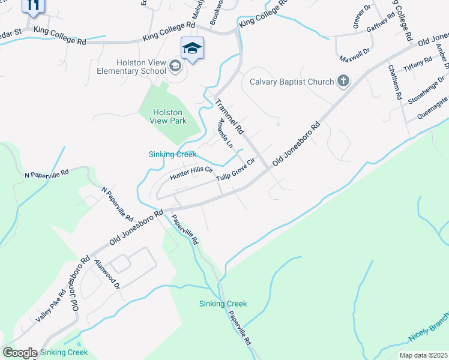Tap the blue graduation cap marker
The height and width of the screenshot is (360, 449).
tap(192, 47)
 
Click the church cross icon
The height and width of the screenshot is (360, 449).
tap(343, 81)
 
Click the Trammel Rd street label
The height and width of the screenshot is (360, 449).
tap(230, 116)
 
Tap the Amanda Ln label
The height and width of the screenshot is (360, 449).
tap(225, 133)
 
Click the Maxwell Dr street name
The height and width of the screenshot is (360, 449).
tap(355, 55)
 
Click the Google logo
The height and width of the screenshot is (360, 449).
tap(20, 353)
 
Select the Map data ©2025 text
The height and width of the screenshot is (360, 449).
tap(424, 355)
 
